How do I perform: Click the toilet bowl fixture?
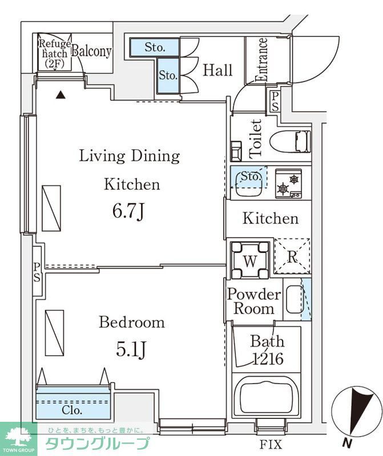[290, 141]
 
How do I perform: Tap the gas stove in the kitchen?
[288, 184]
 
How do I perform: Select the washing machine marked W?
[250, 260]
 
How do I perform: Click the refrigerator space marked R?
[292, 256]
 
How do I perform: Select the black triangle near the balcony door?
[61, 95]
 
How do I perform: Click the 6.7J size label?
[128, 211]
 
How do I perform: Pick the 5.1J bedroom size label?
[131, 349]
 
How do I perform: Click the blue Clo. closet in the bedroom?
[74, 404]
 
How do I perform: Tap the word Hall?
[217, 70]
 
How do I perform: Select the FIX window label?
[271, 445]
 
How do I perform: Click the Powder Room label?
[254, 302]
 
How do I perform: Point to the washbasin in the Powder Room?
[295, 299]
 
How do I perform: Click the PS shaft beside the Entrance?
[275, 101]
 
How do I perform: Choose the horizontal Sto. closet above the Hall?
[154, 47]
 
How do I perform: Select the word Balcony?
[91, 51]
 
